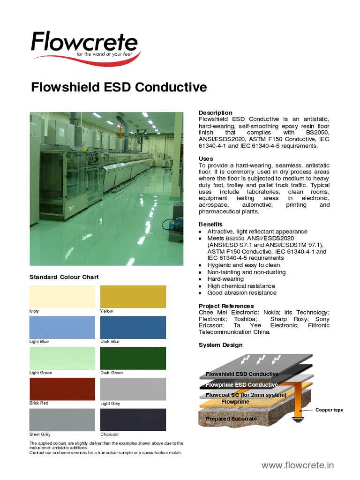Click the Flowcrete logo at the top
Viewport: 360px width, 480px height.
[84, 45]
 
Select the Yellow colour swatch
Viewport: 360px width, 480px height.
[133, 296]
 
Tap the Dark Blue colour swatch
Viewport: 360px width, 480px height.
[133, 327]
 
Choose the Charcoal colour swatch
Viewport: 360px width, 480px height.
[133, 420]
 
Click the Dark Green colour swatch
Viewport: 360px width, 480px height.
[133, 358]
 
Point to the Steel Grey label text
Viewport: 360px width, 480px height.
[40, 434]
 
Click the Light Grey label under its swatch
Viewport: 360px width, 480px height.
[110, 403]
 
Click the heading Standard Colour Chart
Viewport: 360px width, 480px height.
[64, 277]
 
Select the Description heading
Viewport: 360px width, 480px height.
[215, 112]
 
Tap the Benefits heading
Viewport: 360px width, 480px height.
[210, 224]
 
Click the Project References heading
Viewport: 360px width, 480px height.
[226, 306]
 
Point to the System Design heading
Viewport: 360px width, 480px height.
[220, 345]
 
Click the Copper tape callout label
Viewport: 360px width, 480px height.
[329, 410]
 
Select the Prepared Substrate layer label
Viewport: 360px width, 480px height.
[231, 419]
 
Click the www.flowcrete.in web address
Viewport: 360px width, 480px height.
[298, 465]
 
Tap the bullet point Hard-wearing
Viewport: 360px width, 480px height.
[225, 279]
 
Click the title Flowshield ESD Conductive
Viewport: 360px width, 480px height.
[119, 87]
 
